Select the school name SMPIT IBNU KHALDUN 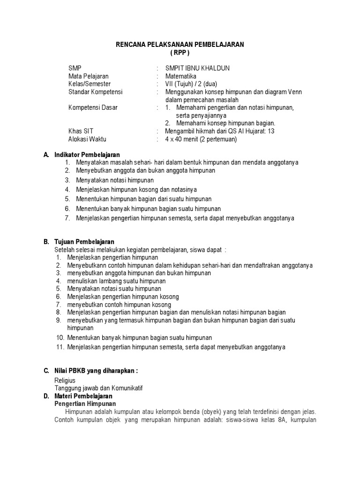pos(197,68)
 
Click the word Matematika pos(181,76)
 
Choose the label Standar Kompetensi pos(95,92)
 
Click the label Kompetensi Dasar pos(93,108)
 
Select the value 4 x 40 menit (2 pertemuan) pos(201,139)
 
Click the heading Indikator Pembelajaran pos(87,155)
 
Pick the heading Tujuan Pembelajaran pos(84,242)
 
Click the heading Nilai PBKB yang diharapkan pos(96,371)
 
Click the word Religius pos(65,381)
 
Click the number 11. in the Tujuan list pos(60,347)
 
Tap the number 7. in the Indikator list pos(67,218)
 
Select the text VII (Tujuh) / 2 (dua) pos(191,84)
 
